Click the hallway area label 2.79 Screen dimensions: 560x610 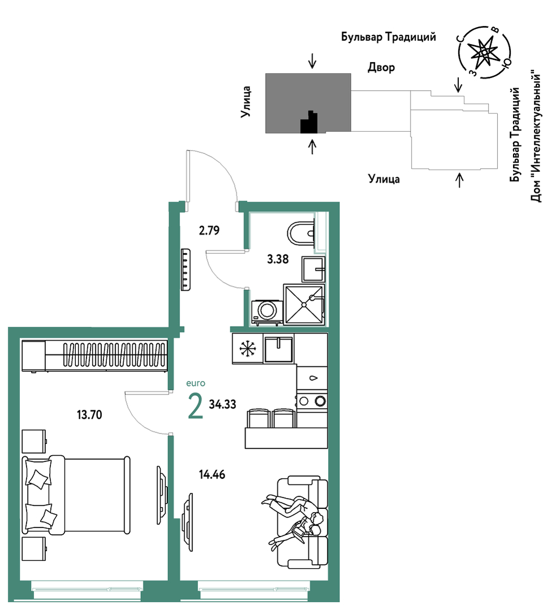209,230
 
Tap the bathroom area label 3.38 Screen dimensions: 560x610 278,259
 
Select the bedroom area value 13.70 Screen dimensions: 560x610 89,415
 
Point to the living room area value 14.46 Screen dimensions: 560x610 212,475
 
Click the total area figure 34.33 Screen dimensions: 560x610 223,405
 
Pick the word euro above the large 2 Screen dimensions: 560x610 196,383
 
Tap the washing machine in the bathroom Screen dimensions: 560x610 268,312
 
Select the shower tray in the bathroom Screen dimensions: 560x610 304,304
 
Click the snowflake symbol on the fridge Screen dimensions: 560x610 248,349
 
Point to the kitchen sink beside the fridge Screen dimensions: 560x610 278,349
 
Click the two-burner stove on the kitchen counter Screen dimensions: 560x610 312,401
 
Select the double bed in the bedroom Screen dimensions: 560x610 76,495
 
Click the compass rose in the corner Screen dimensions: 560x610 484,52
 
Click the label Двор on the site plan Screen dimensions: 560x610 381,68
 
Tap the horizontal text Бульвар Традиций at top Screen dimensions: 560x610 389,37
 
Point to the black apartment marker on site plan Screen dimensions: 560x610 309,122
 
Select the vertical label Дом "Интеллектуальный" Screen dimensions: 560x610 536,136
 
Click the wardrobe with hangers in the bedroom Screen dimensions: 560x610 95,356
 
